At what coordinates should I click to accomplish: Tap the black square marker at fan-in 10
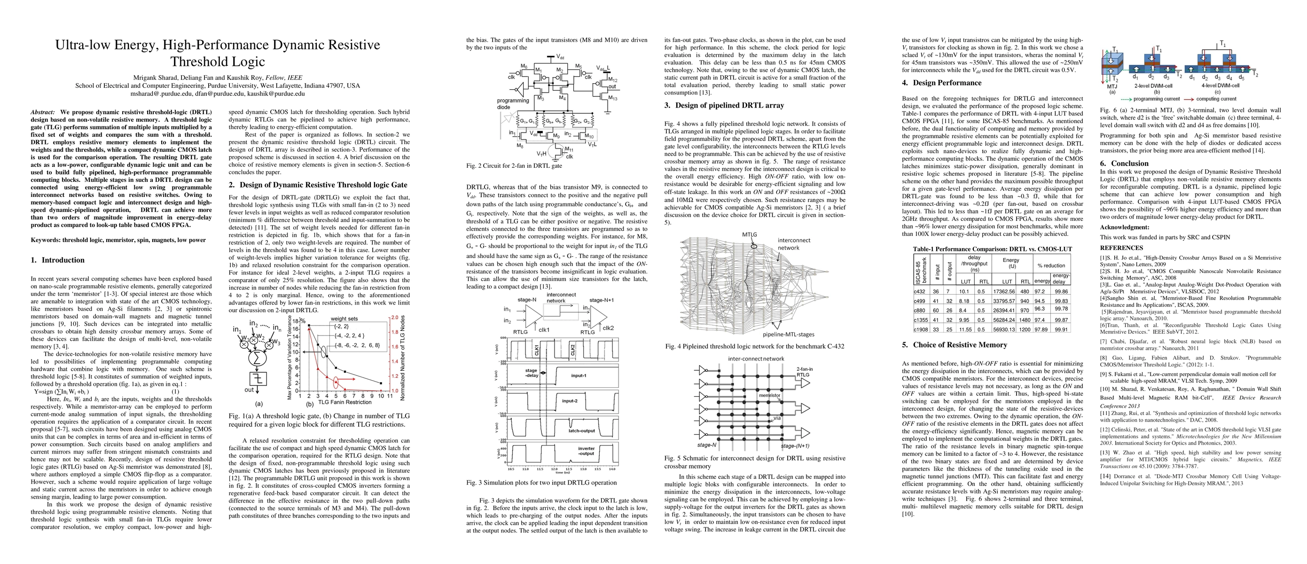coord(381,383)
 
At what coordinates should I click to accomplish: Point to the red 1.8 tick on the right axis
coord(394,332)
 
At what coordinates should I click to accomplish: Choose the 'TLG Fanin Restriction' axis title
coord(344,402)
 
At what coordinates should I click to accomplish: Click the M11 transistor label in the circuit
coord(570,149)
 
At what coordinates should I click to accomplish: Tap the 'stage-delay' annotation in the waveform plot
coord(531,373)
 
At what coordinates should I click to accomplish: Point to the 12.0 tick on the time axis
coord(555,470)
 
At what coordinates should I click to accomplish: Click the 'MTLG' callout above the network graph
coord(750,235)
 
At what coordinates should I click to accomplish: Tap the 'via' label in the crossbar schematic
coord(777,418)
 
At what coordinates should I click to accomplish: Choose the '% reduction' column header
coord(1051,265)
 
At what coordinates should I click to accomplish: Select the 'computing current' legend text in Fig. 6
coord(1216,99)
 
